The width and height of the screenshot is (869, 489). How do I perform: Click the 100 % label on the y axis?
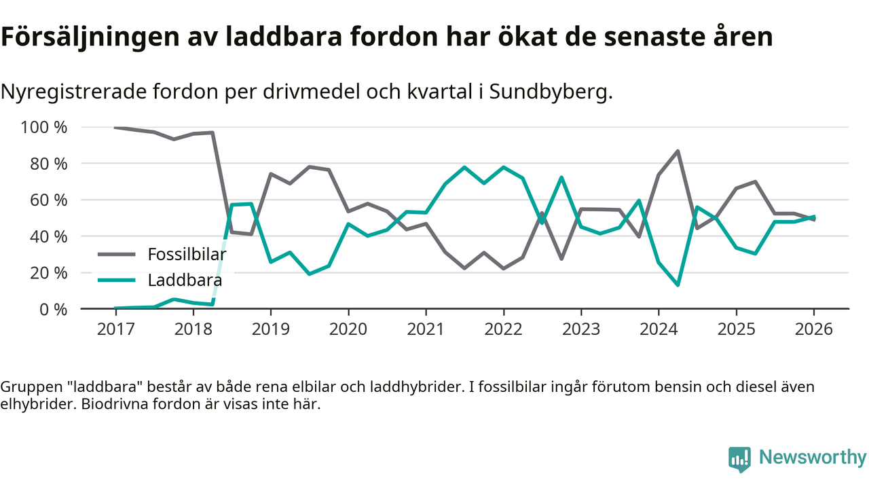tap(45, 127)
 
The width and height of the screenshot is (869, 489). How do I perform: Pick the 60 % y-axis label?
tap(49, 200)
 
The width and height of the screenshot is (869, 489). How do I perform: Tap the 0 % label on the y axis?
tap(53, 309)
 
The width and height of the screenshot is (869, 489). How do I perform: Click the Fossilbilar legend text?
tap(187, 255)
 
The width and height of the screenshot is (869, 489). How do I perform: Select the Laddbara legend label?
tap(185, 280)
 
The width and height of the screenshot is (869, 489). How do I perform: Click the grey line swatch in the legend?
tap(117, 255)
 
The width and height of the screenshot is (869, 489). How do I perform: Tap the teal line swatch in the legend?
tap(117, 280)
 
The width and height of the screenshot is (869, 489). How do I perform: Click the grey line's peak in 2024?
tap(678, 151)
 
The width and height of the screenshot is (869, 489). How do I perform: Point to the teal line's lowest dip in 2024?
tap(678, 285)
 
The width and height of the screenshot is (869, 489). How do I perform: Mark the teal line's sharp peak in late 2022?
tap(561, 177)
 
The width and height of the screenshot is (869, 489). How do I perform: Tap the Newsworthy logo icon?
tap(739, 458)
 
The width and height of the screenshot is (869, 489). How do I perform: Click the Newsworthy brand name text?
tap(812, 457)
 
